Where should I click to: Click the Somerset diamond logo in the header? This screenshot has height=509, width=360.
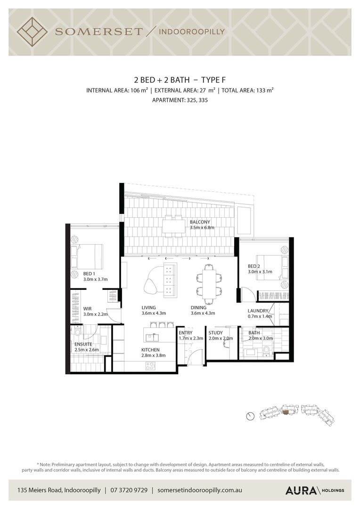32,32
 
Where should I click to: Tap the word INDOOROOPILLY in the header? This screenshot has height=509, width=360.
191,32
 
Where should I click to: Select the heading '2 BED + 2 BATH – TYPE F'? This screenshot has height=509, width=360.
180,80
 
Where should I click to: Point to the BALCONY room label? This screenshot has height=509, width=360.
200,222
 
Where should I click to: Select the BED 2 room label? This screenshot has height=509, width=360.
254,266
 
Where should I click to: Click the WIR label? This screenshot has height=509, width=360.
87,309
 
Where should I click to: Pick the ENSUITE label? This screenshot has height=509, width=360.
83,344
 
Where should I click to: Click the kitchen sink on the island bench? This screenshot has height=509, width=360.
152,337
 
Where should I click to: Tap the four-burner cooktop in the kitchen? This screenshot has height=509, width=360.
150,367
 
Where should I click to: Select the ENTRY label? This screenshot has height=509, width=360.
186,333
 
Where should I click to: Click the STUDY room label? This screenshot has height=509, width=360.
215,333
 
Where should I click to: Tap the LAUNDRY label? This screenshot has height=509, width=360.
258,311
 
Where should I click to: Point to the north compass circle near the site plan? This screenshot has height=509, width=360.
250,416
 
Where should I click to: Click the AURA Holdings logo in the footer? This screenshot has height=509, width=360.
315,490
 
